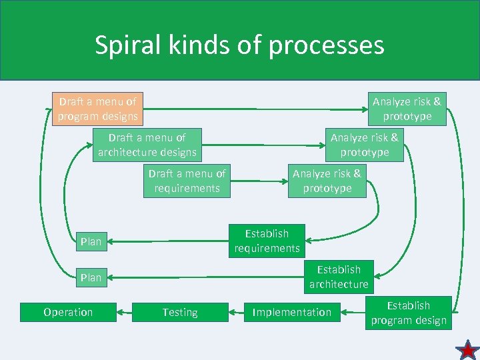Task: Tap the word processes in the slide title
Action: tap(337, 45)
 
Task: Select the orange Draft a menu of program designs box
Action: tap(97, 109)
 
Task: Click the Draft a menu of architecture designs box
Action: tap(147, 145)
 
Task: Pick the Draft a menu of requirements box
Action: tap(187, 181)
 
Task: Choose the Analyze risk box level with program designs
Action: tap(407, 109)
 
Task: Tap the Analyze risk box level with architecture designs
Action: tap(364, 145)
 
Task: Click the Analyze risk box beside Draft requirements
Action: tap(327, 181)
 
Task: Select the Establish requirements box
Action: tap(267, 241)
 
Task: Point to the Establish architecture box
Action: tap(338, 277)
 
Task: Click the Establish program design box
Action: tap(408, 313)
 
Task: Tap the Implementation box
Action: tap(291, 312)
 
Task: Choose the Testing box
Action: tap(179, 312)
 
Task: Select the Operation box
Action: tap(68, 312)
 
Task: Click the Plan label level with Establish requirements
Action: tap(91, 241)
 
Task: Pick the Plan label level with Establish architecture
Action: tap(91, 277)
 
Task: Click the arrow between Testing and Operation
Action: tap(124, 312)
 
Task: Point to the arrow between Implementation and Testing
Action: tap(236, 312)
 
